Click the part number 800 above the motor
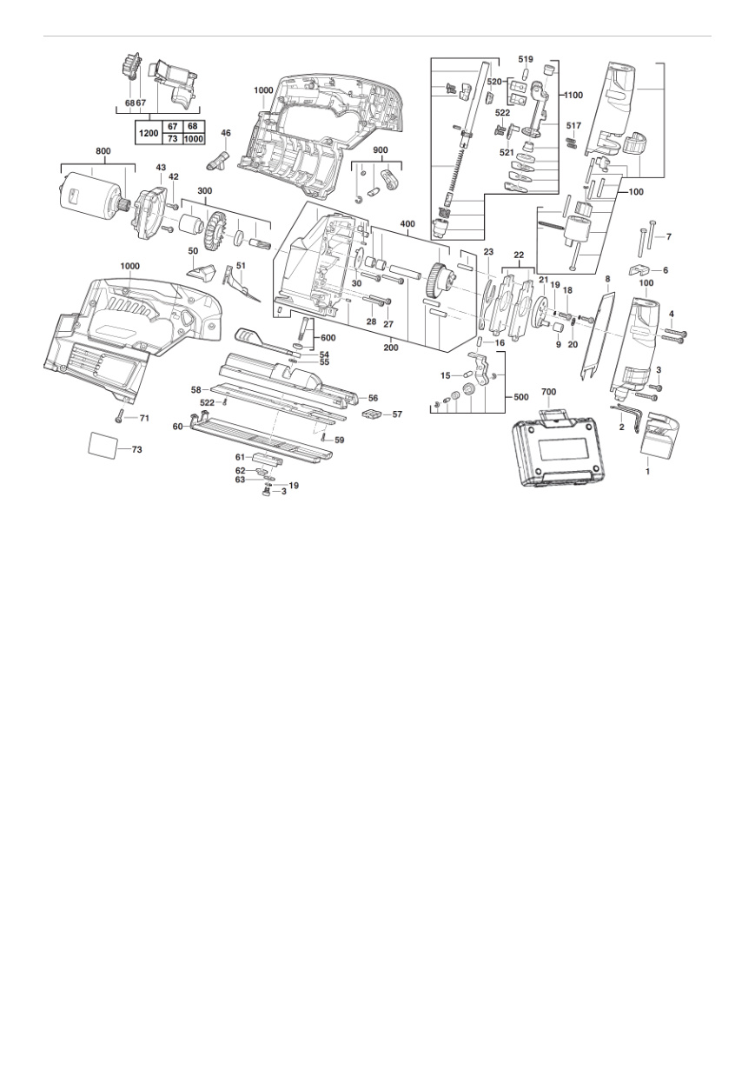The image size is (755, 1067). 103,151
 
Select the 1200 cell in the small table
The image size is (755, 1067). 149,133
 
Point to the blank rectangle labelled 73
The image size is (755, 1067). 103,446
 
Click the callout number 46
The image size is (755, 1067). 226,133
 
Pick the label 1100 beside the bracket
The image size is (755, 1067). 573,96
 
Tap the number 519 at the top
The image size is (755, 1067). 526,60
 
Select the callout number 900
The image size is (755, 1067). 381,150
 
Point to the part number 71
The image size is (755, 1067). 144,418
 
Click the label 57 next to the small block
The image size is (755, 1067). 397,414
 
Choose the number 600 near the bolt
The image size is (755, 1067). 328,338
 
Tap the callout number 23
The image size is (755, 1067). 489,252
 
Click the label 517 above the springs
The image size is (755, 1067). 573,126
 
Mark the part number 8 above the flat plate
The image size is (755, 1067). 606,278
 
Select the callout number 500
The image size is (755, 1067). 521,397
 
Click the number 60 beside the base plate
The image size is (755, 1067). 178,427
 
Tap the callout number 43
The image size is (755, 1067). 161,168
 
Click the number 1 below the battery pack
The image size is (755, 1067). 647,472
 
